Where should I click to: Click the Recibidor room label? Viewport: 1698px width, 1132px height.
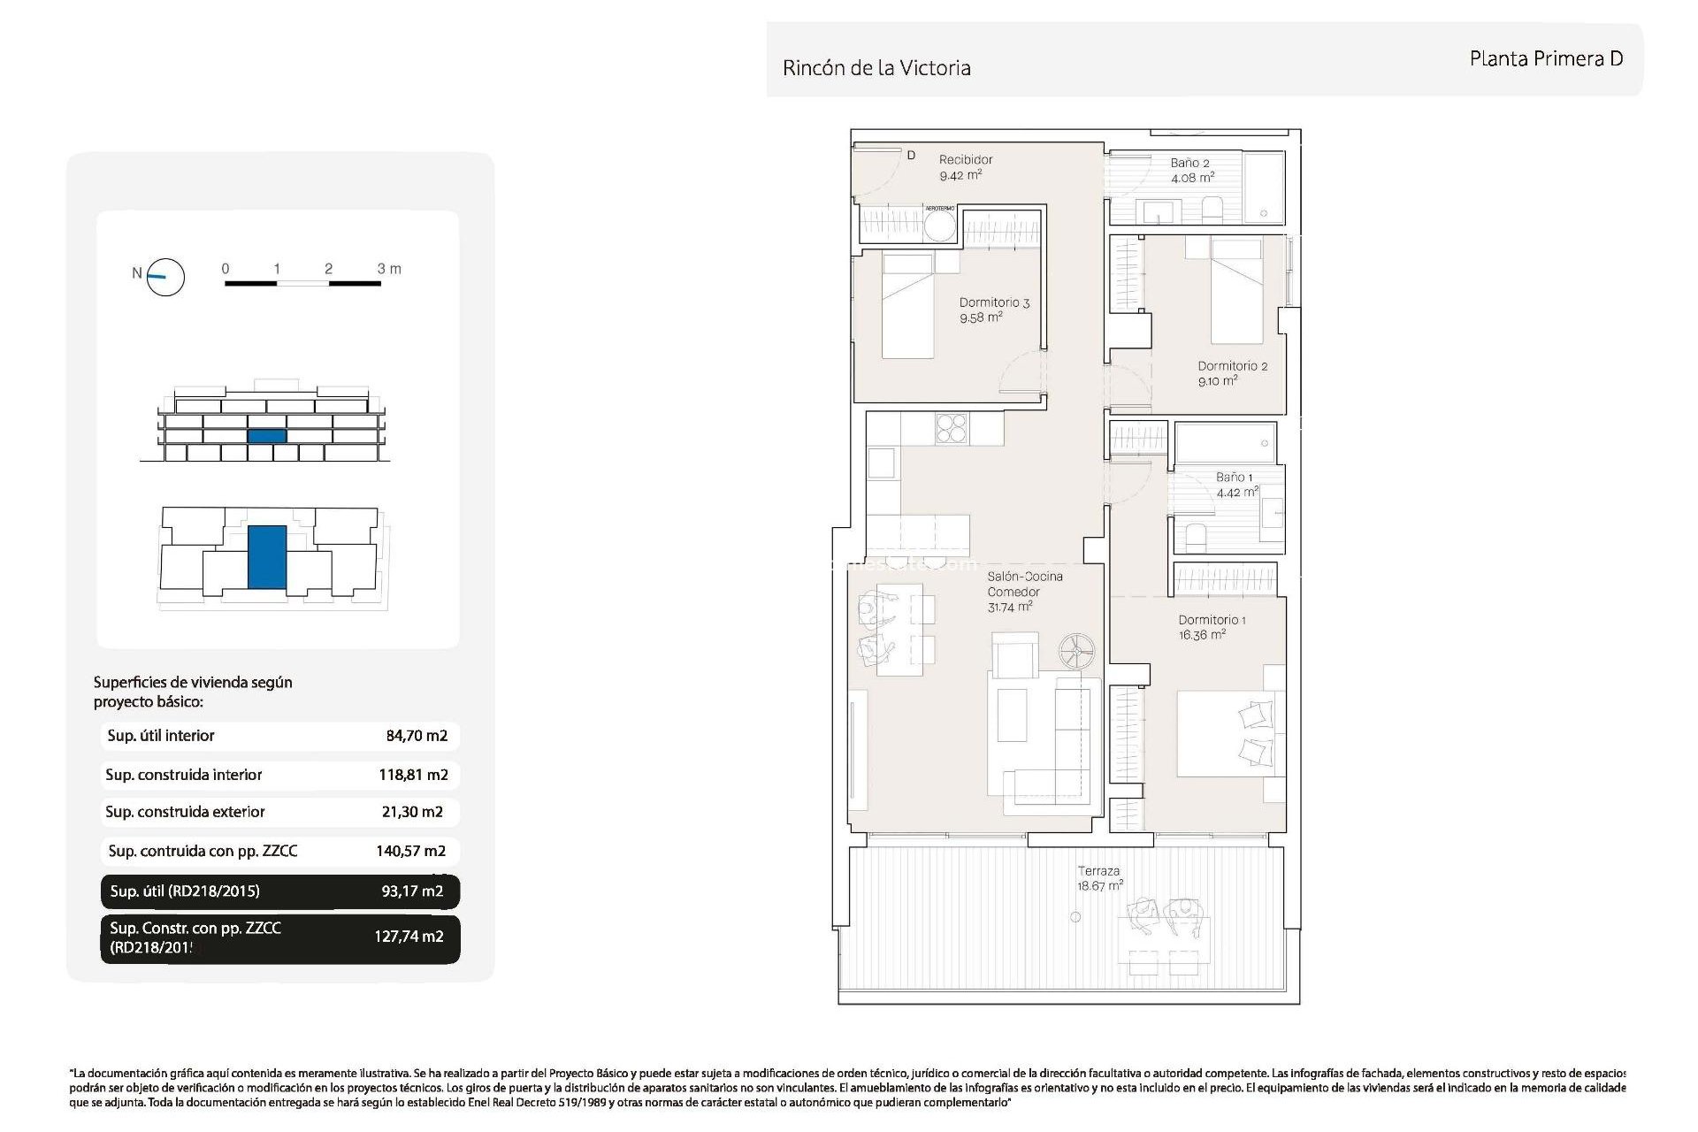[965, 160]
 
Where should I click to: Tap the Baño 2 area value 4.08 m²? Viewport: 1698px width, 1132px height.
[1192, 178]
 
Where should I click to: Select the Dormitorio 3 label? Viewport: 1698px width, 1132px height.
[994, 302]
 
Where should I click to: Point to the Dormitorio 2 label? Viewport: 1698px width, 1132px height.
[1232, 366]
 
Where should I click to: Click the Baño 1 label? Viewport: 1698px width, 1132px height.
[1234, 478]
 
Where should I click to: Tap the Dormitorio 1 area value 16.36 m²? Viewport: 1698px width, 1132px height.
[1202, 635]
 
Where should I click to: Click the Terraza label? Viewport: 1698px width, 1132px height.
[1098, 871]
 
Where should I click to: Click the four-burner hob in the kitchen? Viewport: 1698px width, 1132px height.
[952, 429]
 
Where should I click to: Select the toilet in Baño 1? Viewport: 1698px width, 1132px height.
[1196, 536]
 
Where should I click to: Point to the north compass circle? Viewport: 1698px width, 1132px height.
[165, 277]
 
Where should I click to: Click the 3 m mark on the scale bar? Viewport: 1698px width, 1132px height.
[388, 269]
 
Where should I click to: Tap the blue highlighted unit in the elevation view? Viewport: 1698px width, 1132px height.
[266, 436]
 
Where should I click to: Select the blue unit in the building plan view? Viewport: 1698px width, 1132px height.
[266, 557]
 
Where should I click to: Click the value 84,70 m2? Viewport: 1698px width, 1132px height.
[417, 736]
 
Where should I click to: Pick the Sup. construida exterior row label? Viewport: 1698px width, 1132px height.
[185, 812]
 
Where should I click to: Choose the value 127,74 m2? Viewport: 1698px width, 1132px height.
[409, 937]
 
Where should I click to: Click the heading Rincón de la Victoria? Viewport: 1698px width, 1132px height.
[876, 68]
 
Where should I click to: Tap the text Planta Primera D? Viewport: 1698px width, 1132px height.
[1545, 59]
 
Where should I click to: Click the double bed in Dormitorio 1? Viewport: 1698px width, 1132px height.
[1229, 735]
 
